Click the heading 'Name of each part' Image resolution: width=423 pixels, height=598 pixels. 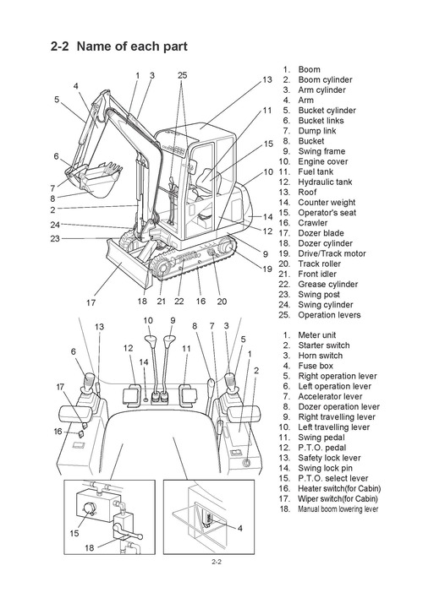pos(131,46)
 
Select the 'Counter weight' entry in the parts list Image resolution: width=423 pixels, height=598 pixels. pos(326,203)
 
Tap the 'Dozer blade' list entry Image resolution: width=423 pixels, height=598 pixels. pos(320,233)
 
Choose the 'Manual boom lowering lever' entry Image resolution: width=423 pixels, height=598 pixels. pos(337,509)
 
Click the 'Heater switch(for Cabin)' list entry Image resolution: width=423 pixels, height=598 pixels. pos(338,488)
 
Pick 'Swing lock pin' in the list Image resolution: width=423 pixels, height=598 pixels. pos(326,468)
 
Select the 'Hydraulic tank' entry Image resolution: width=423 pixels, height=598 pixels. pos(326,182)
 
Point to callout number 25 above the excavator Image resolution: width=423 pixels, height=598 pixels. pos(182,76)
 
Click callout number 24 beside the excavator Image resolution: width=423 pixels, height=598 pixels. pos(54,225)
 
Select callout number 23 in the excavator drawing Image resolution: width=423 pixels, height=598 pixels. pos(54,238)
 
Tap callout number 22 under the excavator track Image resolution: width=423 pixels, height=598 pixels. pos(179,301)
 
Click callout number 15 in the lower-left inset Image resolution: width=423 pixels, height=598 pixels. pos(74,534)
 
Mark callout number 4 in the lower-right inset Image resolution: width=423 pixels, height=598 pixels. pos(239,529)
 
